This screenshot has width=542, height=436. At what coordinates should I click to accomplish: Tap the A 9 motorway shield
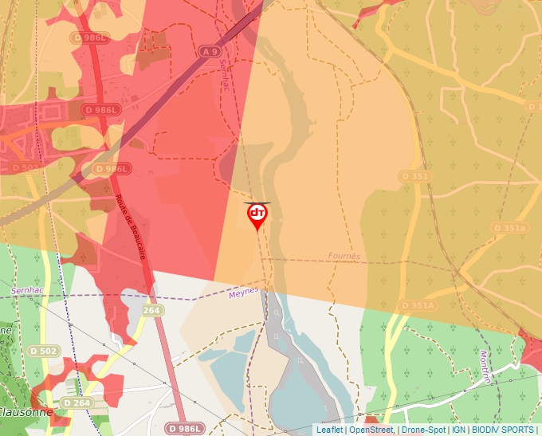pos(210,52)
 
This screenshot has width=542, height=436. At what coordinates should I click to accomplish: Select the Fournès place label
pos(344,257)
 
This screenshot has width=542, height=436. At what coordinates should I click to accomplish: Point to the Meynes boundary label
pos(243,293)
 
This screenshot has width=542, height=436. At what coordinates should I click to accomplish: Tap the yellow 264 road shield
pos(152,310)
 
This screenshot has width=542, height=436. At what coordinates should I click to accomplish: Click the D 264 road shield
pos(77,403)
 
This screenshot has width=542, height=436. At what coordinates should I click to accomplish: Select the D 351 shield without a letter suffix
pos(415,175)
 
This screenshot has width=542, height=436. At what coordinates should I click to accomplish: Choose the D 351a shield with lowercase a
pos(510,228)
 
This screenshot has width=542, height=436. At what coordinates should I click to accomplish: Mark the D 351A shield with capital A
pos(418,305)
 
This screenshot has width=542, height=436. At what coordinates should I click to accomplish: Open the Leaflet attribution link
pos(329,430)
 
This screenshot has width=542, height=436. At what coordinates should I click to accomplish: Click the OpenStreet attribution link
pos(371,430)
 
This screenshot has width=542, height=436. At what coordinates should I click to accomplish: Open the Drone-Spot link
pos(423,430)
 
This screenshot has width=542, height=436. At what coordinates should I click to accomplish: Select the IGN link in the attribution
pos(458,430)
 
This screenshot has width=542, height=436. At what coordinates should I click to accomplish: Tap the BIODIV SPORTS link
pos(503,430)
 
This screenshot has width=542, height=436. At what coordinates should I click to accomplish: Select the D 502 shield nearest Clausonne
pos(43,351)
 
